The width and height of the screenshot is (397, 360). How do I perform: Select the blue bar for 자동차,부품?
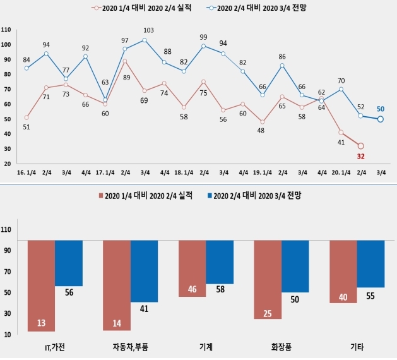click(x=144, y=271)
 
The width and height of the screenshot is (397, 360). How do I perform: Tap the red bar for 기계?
click(x=192, y=268)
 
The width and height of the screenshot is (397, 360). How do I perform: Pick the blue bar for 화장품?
click(x=295, y=266)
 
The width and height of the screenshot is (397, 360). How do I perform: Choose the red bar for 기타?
click(x=343, y=272)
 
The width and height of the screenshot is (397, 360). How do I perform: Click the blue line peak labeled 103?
click(x=144, y=40)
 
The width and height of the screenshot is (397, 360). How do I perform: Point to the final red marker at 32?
click(x=360, y=146)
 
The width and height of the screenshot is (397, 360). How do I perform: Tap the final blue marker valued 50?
click(x=380, y=119)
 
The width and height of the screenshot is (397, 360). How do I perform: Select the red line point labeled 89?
click(x=125, y=61)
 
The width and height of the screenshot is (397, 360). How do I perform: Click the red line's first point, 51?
click(x=26, y=117)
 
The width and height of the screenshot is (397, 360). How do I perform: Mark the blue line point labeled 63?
click(x=105, y=100)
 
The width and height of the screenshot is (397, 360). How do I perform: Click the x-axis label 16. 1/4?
click(x=26, y=172)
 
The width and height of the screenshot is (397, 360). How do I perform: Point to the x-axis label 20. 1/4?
click(x=341, y=172)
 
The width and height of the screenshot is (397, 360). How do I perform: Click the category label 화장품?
click(x=281, y=347)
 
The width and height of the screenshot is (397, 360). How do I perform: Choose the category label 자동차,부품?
click(x=130, y=347)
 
